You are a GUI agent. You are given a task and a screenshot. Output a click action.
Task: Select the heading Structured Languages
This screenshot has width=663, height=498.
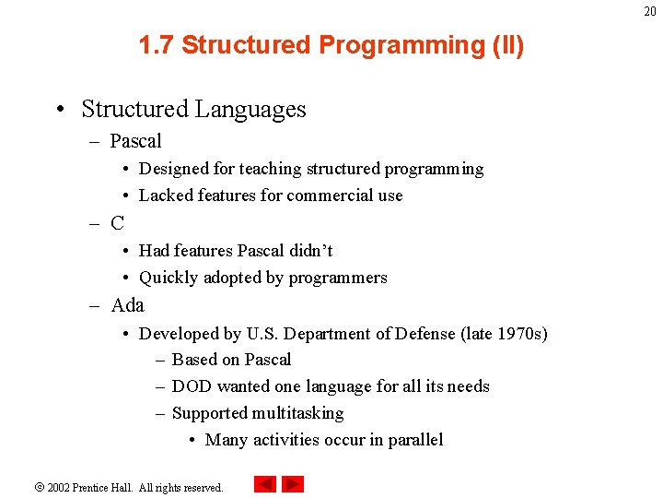(x=193, y=109)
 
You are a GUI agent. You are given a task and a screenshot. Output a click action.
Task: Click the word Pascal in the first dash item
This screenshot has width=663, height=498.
(x=135, y=141)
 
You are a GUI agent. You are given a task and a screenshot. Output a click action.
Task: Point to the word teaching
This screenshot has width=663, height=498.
(x=271, y=169)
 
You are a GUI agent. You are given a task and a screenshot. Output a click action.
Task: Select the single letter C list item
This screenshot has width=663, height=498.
(x=117, y=223)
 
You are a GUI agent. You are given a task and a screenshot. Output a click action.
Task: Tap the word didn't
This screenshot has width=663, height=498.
(x=310, y=251)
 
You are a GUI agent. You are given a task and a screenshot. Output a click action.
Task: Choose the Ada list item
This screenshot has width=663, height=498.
(x=127, y=304)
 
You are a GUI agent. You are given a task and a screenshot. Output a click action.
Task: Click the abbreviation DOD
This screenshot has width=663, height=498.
(x=192, y=386)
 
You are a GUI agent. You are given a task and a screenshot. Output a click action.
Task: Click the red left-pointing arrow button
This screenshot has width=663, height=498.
(x=265, y=484)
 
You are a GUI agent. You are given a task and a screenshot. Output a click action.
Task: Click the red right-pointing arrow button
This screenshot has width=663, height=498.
(x=293, y=484)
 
